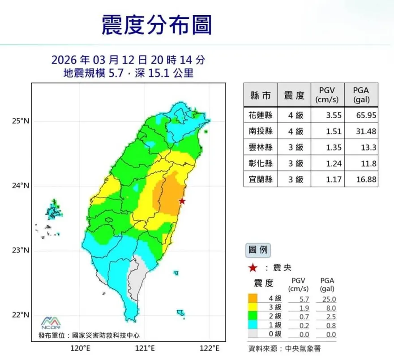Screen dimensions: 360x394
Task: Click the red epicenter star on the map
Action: [x=182, y=201]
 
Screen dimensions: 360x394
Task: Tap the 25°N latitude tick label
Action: [x=20, y=121]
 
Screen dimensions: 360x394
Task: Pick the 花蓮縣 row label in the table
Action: [x=260, y=115]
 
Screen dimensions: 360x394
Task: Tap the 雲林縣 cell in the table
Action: [x=260, y=148]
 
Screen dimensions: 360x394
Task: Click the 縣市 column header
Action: [x=260, y=95]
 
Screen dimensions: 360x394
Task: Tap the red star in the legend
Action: [x=253, y=268]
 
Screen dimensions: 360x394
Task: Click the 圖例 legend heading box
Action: [x=257, y=249]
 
